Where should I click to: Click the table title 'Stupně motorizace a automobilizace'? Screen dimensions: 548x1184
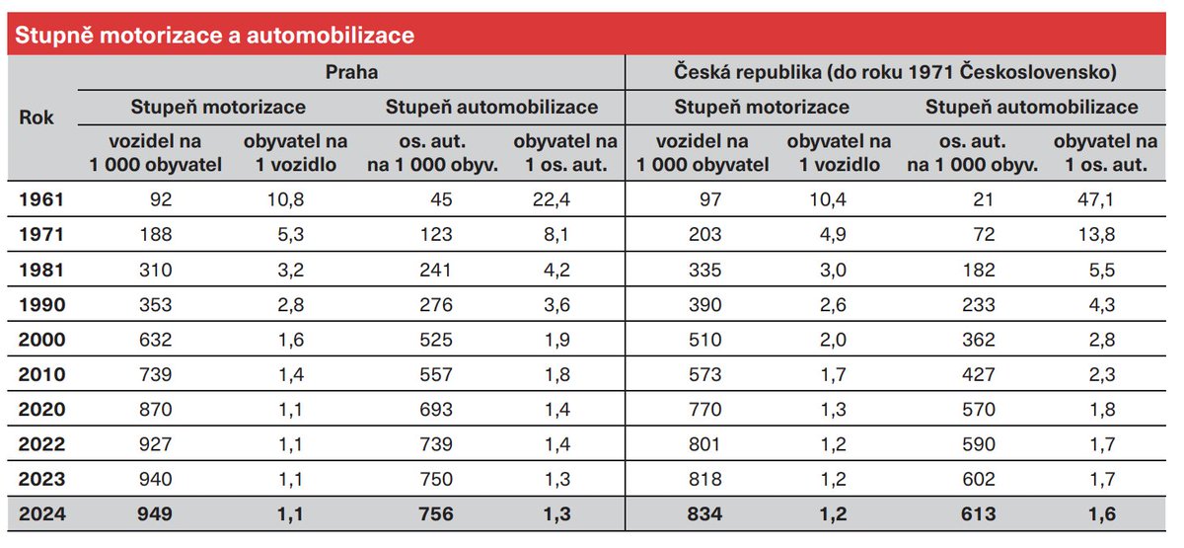tap(210, 37)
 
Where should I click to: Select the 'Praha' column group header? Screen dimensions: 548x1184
tap(351, 72)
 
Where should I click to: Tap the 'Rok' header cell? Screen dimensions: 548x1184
tap(37, 117)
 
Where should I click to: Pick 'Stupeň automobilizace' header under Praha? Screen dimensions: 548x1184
tap(491, 107)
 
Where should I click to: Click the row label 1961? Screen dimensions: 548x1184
tap(40, 200)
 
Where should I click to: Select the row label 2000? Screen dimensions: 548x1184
tap(40, 340)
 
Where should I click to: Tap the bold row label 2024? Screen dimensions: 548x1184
tap(40, 514)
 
